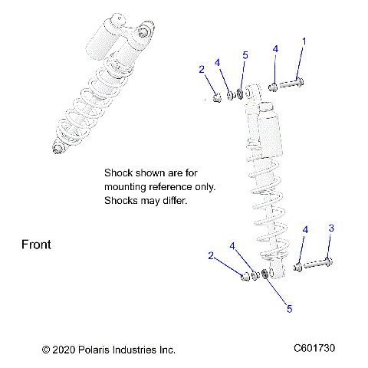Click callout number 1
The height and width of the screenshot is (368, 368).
pos(304,41)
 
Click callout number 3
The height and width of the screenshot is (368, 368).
pos(331,228)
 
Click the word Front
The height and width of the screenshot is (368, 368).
pos(35,245)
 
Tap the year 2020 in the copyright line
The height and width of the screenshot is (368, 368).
pos(63,350)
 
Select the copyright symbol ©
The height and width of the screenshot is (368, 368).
pos(45,350)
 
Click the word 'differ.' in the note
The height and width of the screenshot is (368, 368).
pos(172,201)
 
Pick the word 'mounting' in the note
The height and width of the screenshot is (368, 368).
pos(126,187)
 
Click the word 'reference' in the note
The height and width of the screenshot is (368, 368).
pos(173,187)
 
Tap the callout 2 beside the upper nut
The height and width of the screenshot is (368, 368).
pos(202,70)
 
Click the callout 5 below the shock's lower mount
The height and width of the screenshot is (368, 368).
pos(289,309)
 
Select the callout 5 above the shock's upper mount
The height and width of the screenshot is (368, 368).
pos(245,55)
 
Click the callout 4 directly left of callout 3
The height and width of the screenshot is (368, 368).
pos(305,230)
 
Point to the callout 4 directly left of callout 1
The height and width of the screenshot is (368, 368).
pos(275,50)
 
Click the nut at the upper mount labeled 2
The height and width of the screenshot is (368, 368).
pos(217,97)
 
